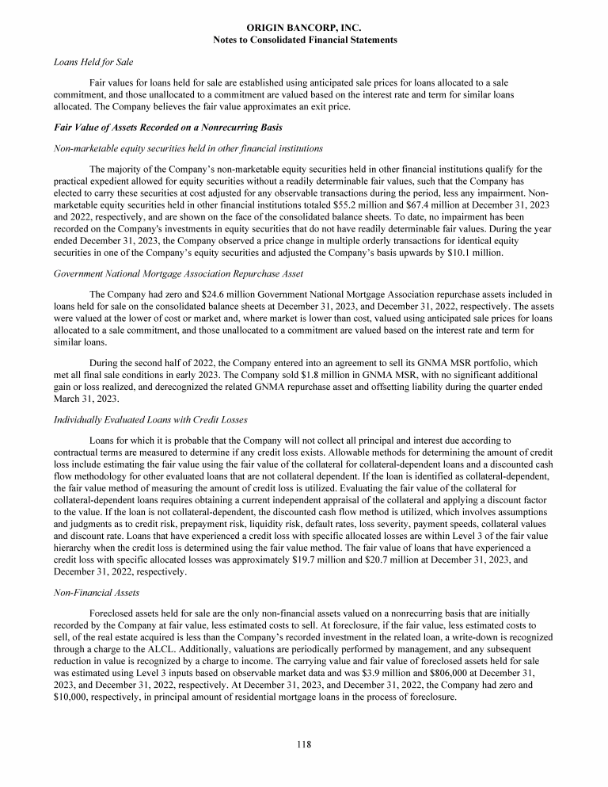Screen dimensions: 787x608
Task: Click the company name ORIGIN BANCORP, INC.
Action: tap(305, 29)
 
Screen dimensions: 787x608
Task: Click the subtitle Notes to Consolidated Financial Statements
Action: tap(305, 40)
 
